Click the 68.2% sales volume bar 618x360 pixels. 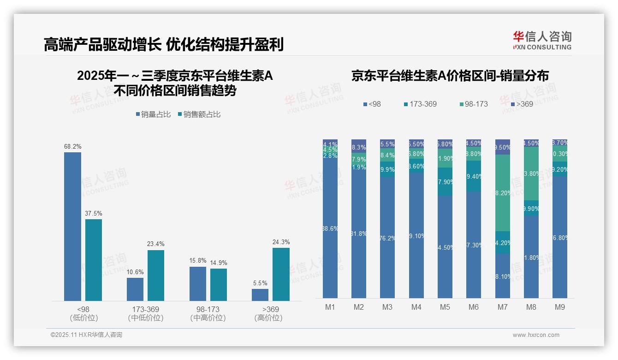click(72, 226)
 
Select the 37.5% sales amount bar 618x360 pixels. click(94, 260)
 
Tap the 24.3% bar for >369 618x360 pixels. click(281, 274)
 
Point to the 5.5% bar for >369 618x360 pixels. click(260, 295)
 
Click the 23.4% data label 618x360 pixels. click(156, 244)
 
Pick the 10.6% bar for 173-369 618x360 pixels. click(135, 289)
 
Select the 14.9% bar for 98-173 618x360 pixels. click(219, 285)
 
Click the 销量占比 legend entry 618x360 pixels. click(153, 114)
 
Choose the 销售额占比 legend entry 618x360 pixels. click(199, 114)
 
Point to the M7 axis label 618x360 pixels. click(502, 307)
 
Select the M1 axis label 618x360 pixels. click(330, 307)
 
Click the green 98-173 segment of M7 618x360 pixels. click(503, 193)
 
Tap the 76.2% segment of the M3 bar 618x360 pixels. click(387, 238)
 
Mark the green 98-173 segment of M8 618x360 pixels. click(531, 174)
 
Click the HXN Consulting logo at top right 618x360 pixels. click(542, 41)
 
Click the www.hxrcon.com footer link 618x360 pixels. click(536, 335)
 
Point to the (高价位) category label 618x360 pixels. click(268, 318)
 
